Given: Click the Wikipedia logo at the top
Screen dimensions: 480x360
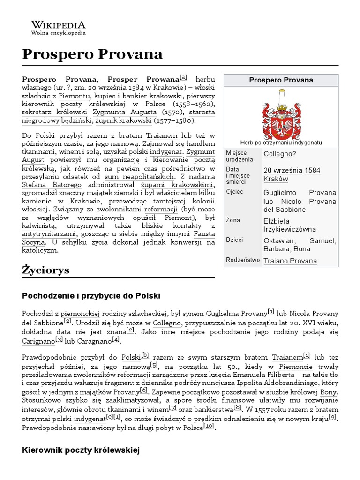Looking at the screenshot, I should point(58,28).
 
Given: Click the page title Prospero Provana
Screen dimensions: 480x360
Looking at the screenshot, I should point(92,54).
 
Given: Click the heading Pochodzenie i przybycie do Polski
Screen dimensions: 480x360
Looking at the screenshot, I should point(91,296).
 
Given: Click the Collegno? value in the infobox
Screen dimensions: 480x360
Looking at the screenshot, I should point(280,154).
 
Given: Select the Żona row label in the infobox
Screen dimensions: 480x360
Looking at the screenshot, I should point(233,220).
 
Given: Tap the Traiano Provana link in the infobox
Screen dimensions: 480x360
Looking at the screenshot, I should point(290,261).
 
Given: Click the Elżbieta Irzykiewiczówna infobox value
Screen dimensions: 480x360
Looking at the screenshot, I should point(290,225).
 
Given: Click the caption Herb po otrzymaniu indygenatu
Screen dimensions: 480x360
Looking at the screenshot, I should point(280,142).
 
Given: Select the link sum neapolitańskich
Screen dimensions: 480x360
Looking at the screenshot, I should point(140,177).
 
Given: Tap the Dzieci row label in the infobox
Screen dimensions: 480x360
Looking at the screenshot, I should point(234,240).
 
